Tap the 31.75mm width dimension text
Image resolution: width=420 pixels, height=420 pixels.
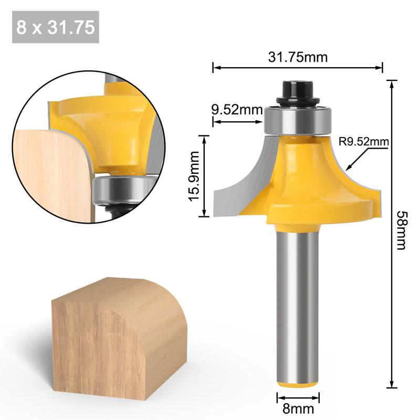coord(298,57)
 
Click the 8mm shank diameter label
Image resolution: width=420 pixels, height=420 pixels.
coord(298,408)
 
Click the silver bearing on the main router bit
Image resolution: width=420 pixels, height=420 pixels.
coord(298,120)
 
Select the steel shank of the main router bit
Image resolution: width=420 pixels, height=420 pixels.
coord(298,304)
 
